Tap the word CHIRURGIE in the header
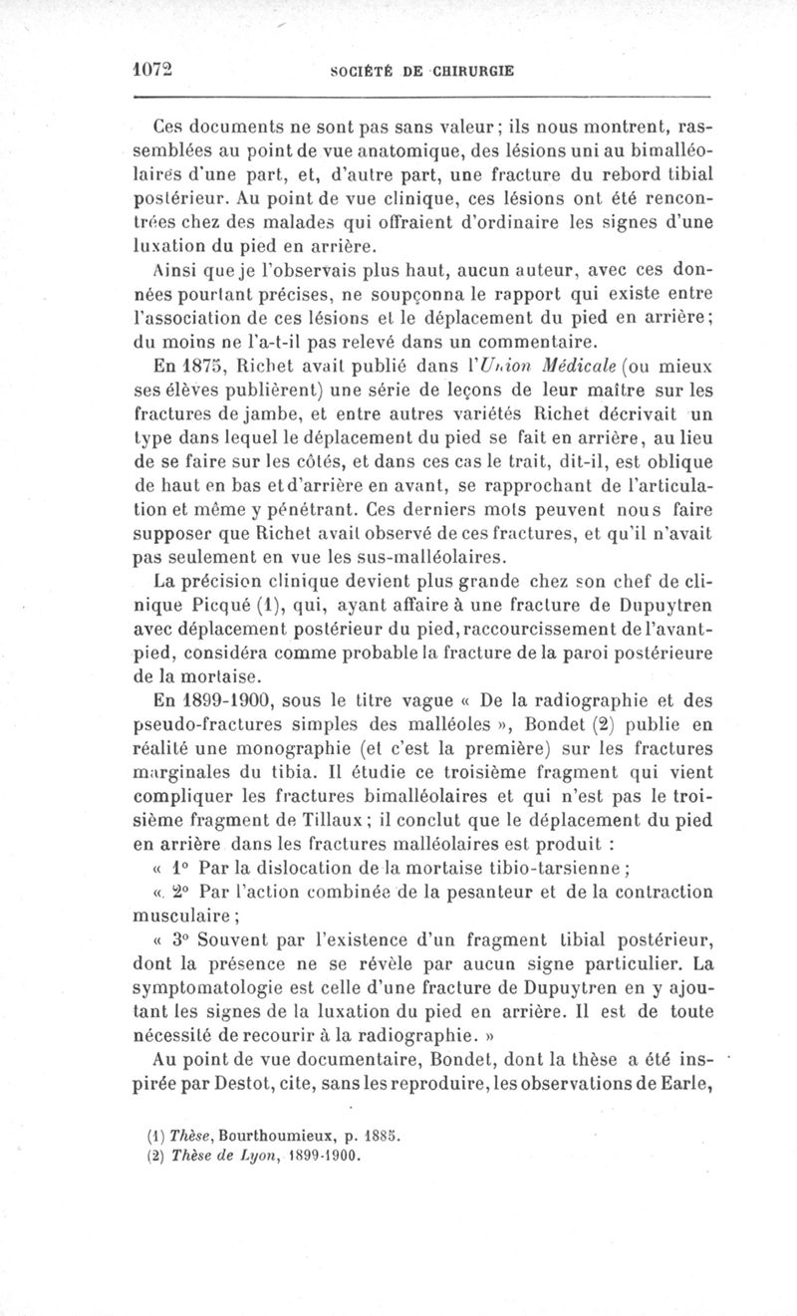click(x=472, y=72)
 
